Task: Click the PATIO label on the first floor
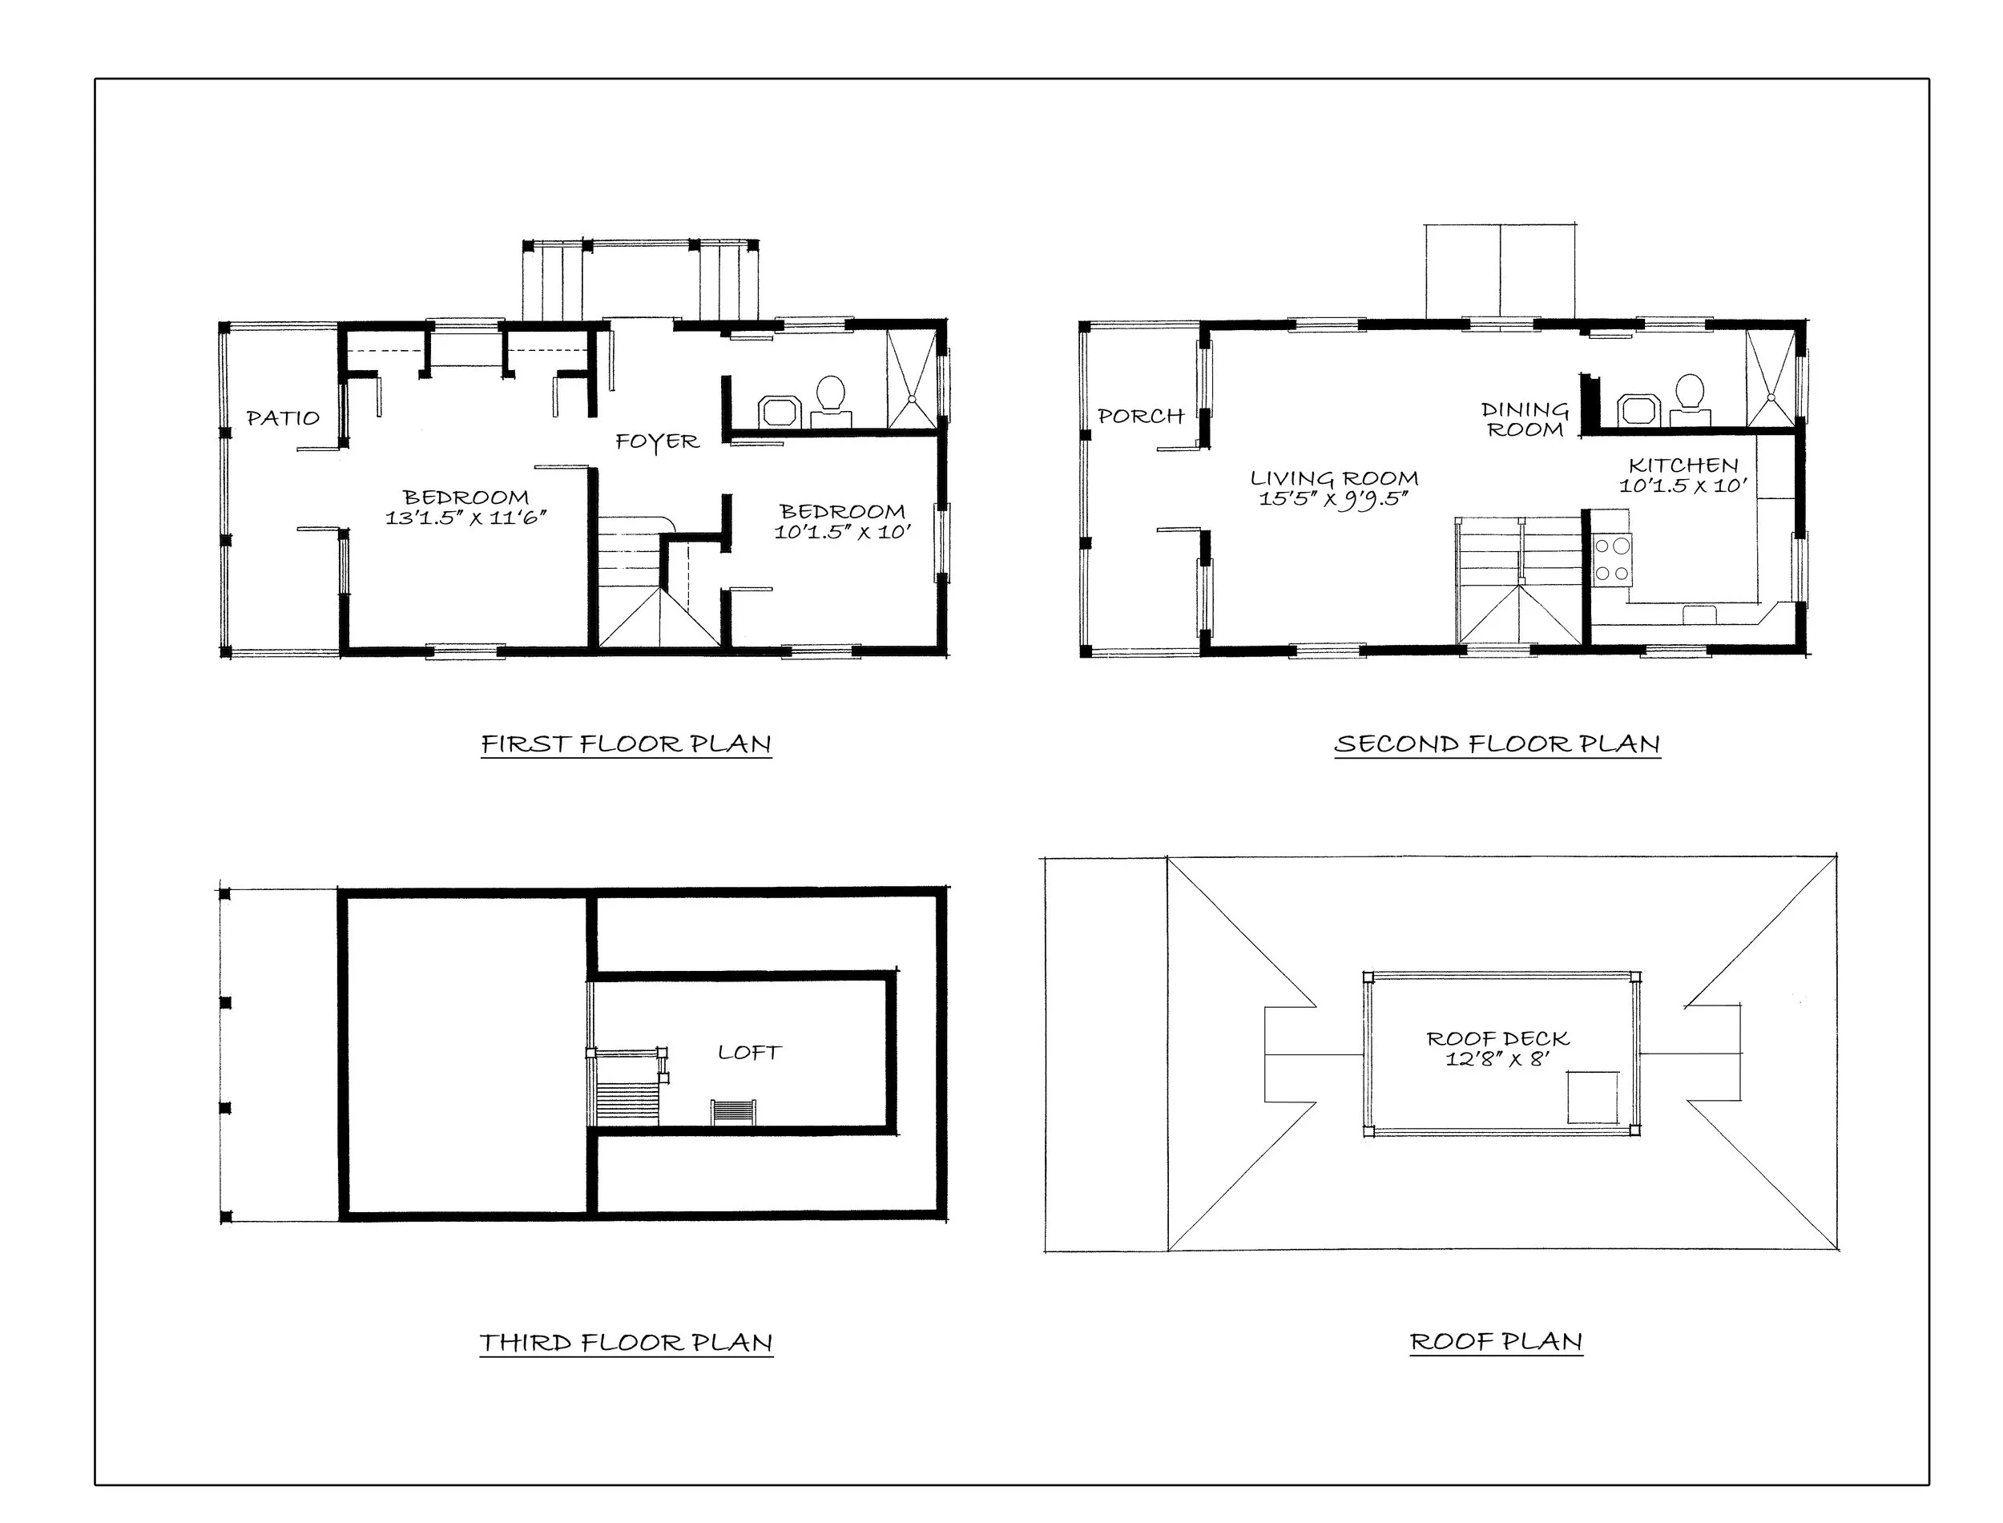[284, 418]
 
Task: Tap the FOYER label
[657, 442]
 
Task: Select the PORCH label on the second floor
[1141, 416]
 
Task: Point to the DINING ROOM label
[1525, 420]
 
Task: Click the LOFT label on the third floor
[750, 1053]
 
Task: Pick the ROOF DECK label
[1497, 1039]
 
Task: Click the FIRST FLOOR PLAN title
[627, 744]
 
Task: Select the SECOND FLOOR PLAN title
[1497, 744]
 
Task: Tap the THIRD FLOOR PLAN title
[627, 1343]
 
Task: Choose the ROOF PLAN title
[1497, 1342]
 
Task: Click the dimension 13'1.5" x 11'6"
[465, 518]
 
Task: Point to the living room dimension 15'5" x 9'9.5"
[1332, 498]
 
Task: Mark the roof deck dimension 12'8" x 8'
[1497, 1059]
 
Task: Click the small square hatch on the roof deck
[1593, 1097]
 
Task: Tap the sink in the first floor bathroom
[779, 411]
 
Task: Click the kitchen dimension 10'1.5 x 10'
[1683, 486]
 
